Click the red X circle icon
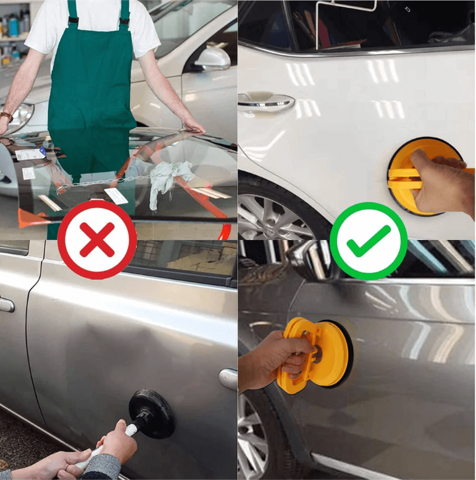[x=97, y=239]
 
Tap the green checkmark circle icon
[x=368, y=241]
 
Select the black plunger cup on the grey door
[x=152, y=413]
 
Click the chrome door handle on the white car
[x=266, y=100]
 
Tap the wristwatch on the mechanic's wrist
[x=6, y=116]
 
